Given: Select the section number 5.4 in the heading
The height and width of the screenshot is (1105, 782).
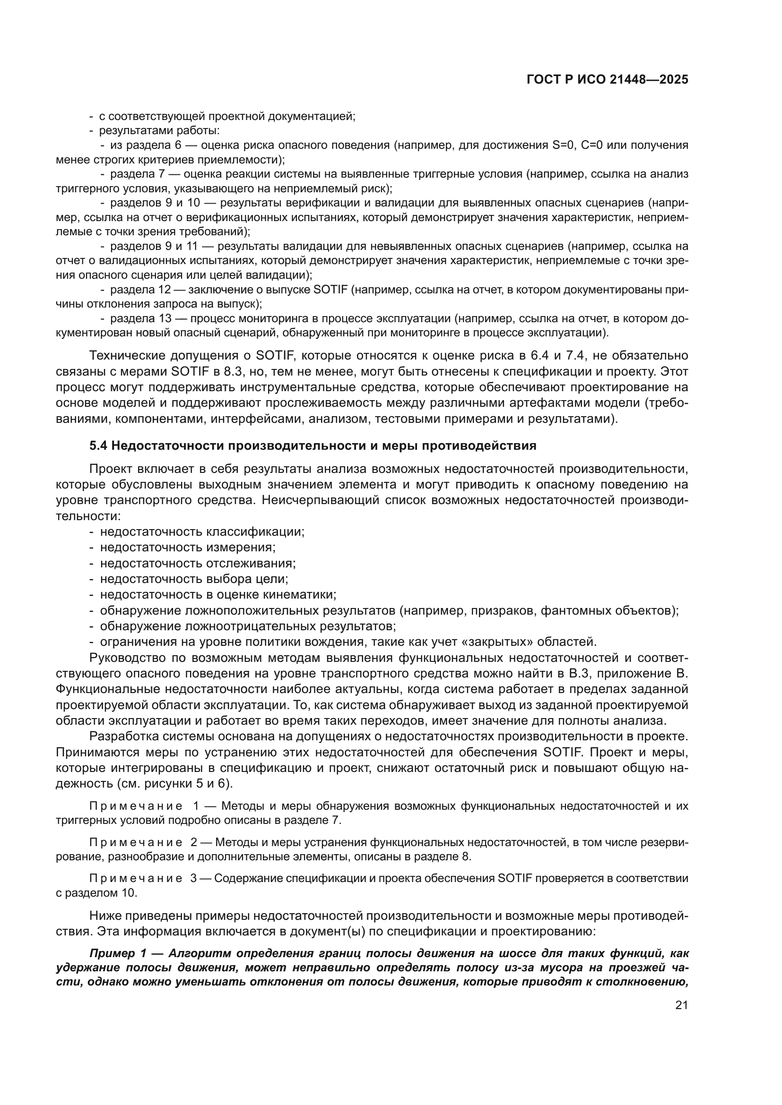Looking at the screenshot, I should (99, 445).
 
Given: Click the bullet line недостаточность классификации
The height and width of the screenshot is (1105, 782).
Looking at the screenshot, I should (202, 532).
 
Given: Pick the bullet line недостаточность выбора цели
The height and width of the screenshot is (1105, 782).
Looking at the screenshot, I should (193, 579).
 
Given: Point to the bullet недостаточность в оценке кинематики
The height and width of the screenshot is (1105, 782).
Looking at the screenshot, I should (217, 595).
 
